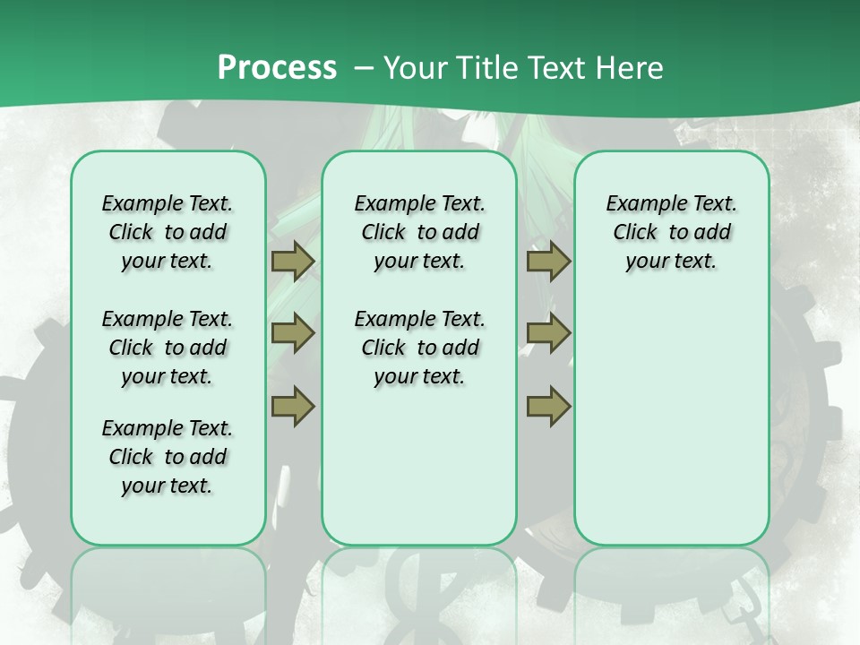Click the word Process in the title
click(x=277, y=68)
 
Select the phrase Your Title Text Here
click(x=523, y=68)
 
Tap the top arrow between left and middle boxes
click(x=293, y=262)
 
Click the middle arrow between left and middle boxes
click(x=293, y=333)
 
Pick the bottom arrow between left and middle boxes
click(x=293, y=406)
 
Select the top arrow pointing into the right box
click(x=548, y=262)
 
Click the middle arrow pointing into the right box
click(x=548, y=333)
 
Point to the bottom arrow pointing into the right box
click(x=548, y=406)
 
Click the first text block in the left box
click(x=168, y=232)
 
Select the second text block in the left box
click(x=168, y=348)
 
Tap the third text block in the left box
click(x=168, y=457)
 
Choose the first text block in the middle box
click(x=419, y=232)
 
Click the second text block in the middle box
click(x=419, y=348)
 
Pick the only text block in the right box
click(x=671, y=232)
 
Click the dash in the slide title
click(x=364, y=69)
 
